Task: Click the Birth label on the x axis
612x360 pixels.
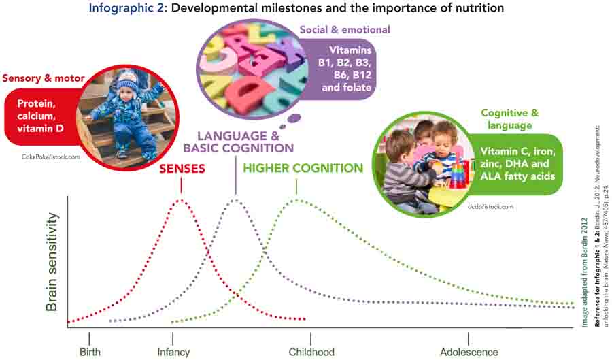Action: click(x=90, y=352)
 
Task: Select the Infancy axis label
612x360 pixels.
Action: click(x=173, y=353)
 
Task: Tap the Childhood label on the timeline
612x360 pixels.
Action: click(x=311, y=352)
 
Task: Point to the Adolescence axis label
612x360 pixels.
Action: click(x=469, y=352)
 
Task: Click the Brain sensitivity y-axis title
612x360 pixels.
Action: click(x=52, y=262)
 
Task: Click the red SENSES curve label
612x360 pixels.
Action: click(x=182, y=169)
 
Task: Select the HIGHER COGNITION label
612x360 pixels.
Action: click(x=303, y=168)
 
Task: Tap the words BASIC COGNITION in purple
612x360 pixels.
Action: click(x=239, y=148)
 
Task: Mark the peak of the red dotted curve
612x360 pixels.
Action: click(x=181, y=200)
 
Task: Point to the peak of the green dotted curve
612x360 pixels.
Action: click(x=296, y=200)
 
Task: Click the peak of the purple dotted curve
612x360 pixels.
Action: click(x=235, y=200)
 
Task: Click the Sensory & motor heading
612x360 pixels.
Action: click(x=44, y=78)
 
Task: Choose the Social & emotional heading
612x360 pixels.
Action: click(x=345, y=30)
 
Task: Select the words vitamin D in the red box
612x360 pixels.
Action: click(x=40, y=128)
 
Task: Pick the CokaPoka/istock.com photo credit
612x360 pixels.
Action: click(x=51, y=157)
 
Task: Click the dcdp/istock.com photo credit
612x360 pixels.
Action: click(x=490, y=207)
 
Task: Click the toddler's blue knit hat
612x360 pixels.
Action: click(x=128, y=81)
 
